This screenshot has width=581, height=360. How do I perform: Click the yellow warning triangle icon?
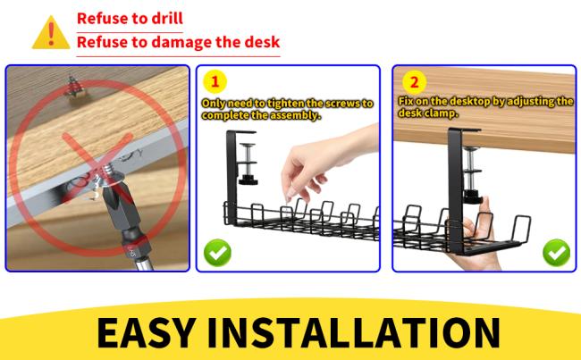pos(51,33)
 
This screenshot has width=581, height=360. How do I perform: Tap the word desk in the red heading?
pos(264,41)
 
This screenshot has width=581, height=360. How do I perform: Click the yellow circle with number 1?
pos(215,81)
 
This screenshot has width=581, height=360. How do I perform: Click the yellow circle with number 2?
pos(414,82)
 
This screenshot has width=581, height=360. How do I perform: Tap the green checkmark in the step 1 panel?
pos(217,253)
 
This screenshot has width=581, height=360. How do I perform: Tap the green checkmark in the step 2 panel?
pos(556,253)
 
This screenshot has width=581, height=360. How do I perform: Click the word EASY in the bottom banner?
pos(146,331)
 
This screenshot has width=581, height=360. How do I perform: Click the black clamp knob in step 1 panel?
pos(248,180)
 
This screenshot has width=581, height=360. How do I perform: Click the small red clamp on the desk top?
pos(76,88)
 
